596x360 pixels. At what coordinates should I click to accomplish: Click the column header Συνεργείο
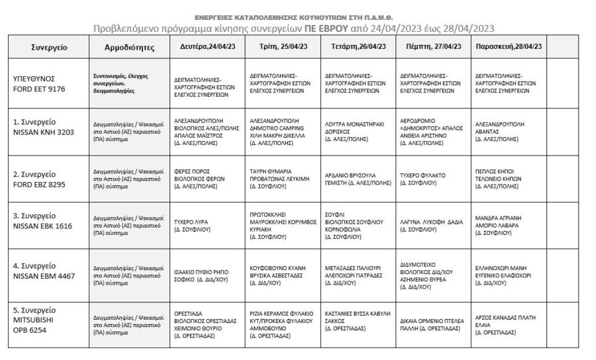coord(50,47)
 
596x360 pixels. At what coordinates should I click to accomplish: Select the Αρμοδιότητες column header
coord(129,47)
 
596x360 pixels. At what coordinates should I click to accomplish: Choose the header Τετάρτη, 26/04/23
coord(358,46)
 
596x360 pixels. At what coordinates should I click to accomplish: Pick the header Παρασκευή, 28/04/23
coord(509,46)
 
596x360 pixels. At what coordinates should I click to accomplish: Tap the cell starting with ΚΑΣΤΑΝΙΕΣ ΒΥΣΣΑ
coord(358,318)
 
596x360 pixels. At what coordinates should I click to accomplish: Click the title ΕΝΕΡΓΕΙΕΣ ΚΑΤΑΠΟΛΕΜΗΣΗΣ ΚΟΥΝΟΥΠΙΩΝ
coord(294,17)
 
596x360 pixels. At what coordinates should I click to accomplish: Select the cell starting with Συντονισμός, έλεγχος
coord(129,83)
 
